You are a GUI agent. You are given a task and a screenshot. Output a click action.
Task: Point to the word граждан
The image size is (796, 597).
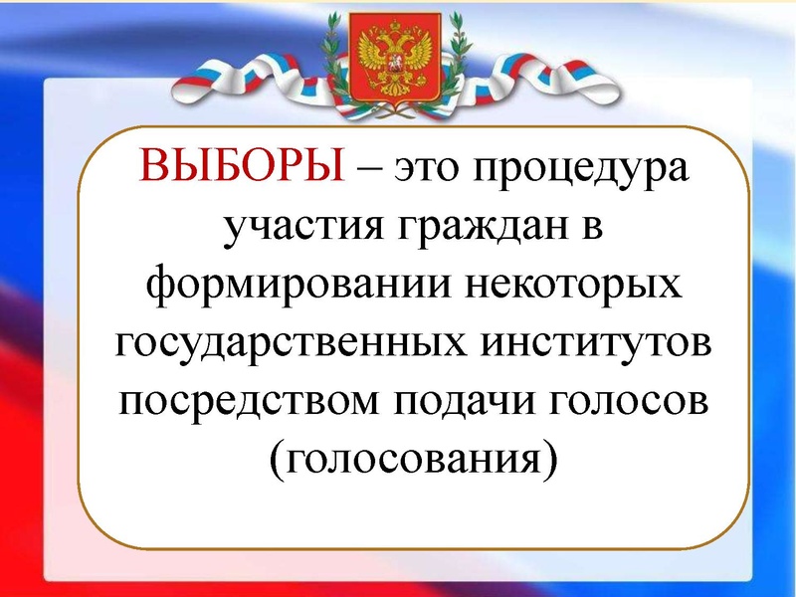tap(473, 228)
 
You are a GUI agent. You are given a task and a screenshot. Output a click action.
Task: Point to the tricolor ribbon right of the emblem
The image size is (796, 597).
tap(542, 75)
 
